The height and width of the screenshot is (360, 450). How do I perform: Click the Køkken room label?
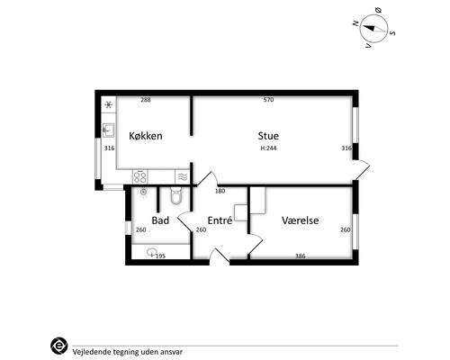146,136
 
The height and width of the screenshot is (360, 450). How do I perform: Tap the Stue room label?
268,136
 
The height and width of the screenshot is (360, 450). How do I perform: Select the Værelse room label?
300,220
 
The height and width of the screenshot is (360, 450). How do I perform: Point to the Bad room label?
160,220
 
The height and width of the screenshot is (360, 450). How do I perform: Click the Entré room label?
220,220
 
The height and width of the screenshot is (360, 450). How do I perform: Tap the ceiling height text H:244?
268,148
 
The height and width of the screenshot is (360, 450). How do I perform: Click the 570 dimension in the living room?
268,100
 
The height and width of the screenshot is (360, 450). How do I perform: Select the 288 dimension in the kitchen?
146,100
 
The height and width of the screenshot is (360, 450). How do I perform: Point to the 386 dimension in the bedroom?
301,256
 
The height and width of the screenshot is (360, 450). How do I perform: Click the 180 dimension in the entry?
220,191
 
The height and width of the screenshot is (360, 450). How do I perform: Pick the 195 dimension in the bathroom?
160,256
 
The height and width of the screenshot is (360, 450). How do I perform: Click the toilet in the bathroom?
175,195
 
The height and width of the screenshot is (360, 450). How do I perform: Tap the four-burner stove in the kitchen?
140,176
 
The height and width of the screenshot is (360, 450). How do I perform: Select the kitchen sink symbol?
108,130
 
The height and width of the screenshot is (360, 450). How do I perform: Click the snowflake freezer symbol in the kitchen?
109,104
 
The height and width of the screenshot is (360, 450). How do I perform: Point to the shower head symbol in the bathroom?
144,192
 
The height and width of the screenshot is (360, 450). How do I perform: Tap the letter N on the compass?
356,23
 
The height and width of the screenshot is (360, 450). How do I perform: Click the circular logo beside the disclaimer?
59,346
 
